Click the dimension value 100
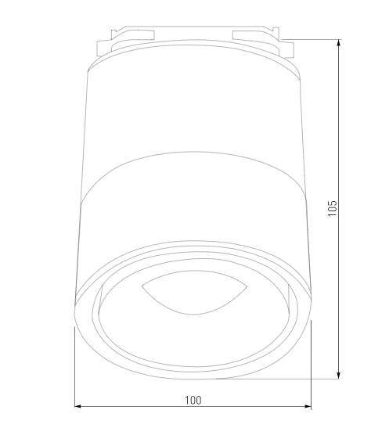click(193, 400)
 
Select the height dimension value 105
click(333, 209)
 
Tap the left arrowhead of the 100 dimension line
click(79, 407)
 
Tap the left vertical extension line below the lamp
click(74, 368)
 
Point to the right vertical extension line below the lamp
click(312, 368)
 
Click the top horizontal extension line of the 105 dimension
click(313, 38)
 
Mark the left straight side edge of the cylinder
click(80, 196)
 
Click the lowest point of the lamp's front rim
click(193, 379)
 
